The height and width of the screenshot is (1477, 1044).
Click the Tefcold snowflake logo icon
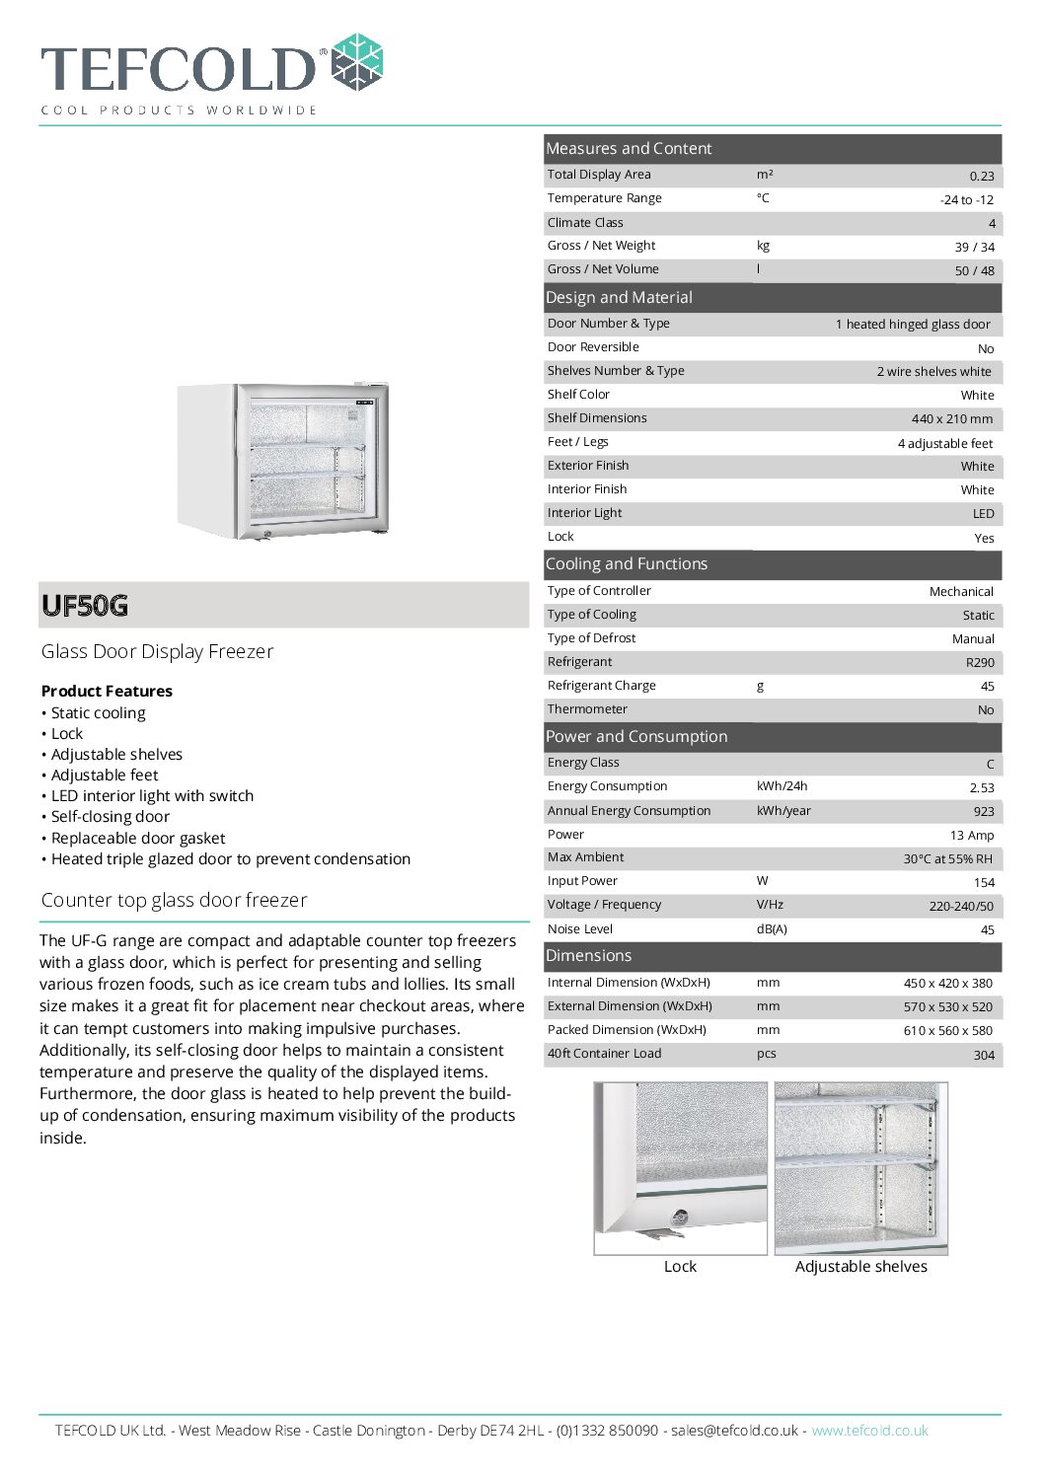point(356,63)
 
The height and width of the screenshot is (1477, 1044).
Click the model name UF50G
point(85,606)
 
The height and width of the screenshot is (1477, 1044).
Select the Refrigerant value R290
point(980,663)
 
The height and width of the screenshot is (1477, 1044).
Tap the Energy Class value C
point(990,764)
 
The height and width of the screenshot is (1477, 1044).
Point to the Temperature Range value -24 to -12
point(966,199)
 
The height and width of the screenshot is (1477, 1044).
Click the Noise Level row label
point(580,929)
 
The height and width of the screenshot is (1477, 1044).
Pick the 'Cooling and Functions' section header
point(627,564)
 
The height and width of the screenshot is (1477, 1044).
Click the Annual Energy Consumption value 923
point(983,811)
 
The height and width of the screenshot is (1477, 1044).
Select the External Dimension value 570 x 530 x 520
point(947,1007)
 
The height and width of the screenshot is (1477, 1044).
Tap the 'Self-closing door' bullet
point(110,817)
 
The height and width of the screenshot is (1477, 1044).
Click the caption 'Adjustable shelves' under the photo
point(860,1267)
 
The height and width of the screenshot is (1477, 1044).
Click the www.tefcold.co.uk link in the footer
point(869,1431)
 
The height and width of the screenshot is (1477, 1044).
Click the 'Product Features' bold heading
point(107,691)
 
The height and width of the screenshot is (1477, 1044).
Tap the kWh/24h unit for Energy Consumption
point(782,786)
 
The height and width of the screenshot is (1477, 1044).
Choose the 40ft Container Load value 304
point(984,1055)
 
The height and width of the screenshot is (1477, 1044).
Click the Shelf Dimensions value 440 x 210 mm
point(951,419)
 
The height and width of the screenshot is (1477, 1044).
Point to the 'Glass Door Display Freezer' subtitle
point(157,651)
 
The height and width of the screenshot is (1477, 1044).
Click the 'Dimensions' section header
point(588,956)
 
